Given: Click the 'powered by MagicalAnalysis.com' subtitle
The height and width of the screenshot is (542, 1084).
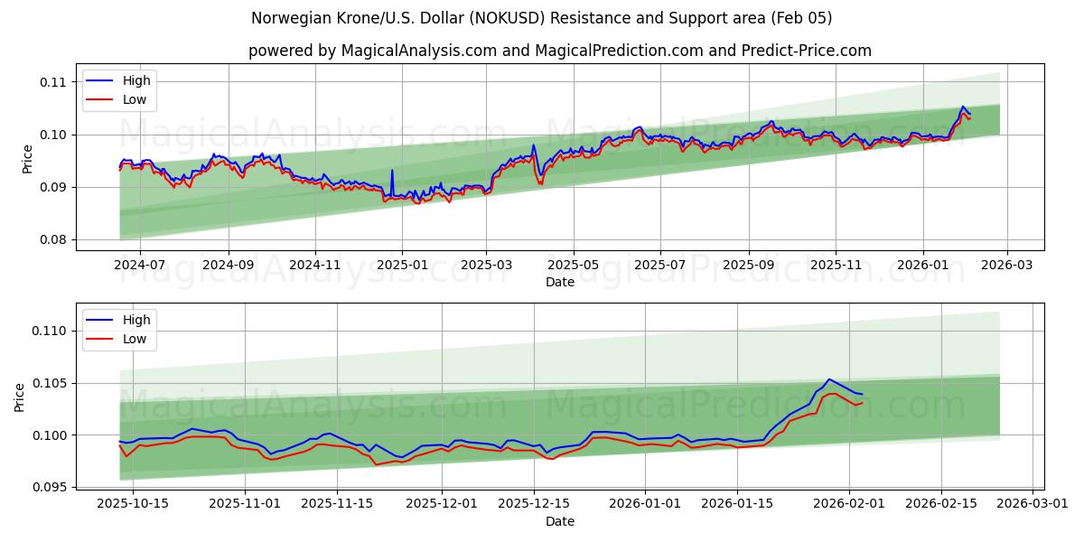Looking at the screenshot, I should (x=560, y=51).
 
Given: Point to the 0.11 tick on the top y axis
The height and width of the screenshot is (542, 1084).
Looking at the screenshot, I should (x=53, y=82).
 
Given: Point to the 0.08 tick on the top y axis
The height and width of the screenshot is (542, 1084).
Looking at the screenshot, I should (x=53, y=240).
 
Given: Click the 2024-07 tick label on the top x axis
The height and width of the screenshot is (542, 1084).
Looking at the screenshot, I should (x=140, y=266).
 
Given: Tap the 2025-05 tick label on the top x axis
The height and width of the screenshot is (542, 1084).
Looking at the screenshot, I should (x=574, y=266).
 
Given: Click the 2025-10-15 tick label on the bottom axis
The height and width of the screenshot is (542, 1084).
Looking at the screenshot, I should (x=133, y=504).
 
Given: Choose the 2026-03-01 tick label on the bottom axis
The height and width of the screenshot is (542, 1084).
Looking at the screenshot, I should (x=1033, y=504).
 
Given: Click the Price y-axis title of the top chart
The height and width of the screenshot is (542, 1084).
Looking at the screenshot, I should (x=27, y=159).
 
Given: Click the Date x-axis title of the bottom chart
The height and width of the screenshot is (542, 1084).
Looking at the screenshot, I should (x=560, y=521).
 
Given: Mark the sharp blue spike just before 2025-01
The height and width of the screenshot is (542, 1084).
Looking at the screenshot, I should (x=392, y=170).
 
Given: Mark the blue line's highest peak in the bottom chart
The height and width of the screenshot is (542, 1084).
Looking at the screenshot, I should (x=828, y=379).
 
